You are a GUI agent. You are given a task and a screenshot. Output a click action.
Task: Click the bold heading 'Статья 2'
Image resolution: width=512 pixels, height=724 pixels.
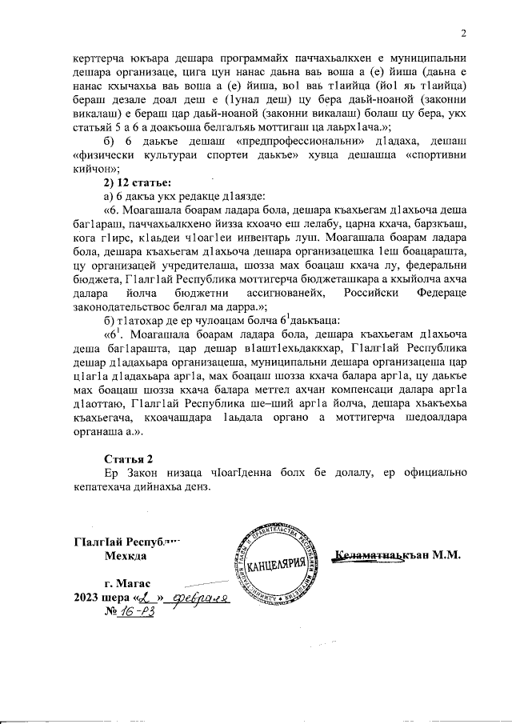tap(129, 459)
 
